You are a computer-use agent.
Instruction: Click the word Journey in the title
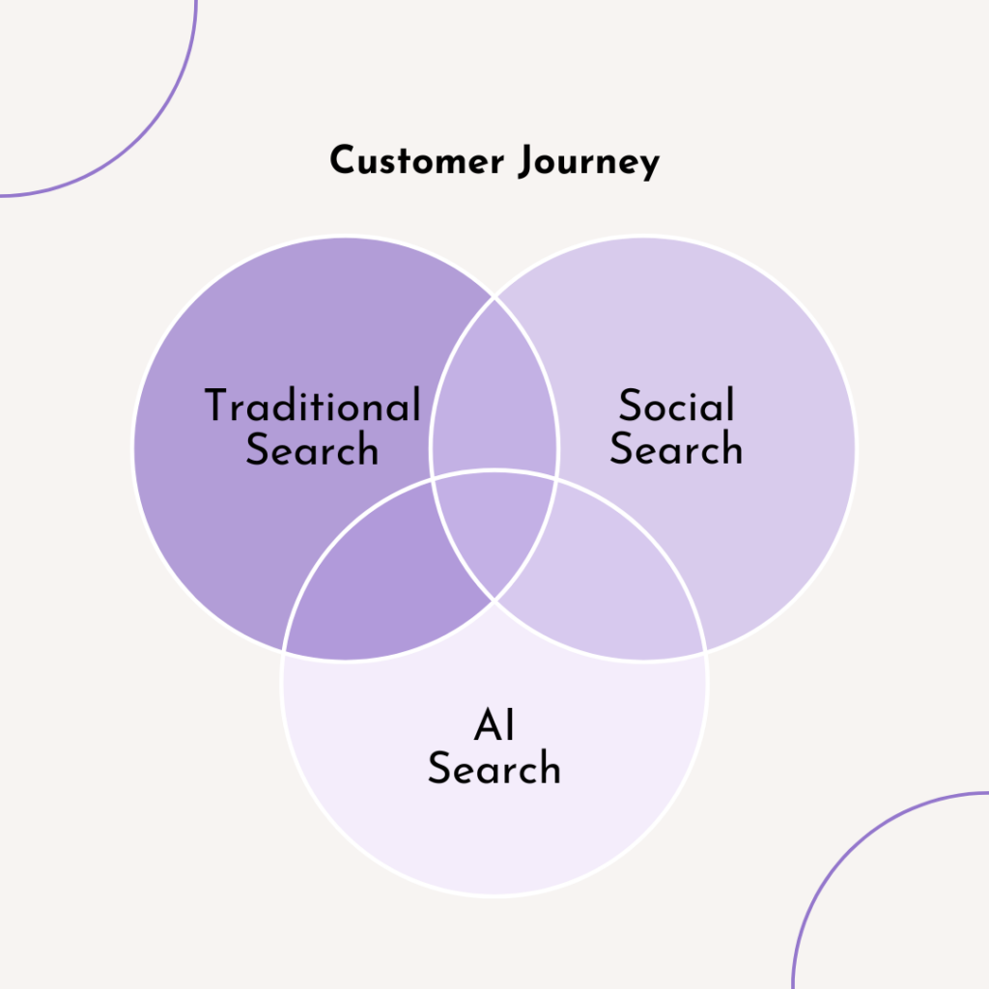click(588, 162)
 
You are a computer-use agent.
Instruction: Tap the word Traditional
click(312, 406)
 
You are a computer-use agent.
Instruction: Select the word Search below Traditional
click(312, 450)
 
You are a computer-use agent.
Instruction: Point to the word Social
click(676, 406)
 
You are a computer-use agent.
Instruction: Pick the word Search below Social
click(676, 450)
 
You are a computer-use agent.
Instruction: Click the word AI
click(494, 726)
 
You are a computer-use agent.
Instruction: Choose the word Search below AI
click(494, 770)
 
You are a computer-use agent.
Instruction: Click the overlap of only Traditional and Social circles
click(494, 396)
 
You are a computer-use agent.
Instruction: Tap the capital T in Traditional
click(218, 405)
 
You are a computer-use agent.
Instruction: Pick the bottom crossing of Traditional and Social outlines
click(494, 599)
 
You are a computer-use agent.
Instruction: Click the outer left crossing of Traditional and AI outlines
click(284, 649)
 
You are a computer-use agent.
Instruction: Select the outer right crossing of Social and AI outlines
click(705, 649)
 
